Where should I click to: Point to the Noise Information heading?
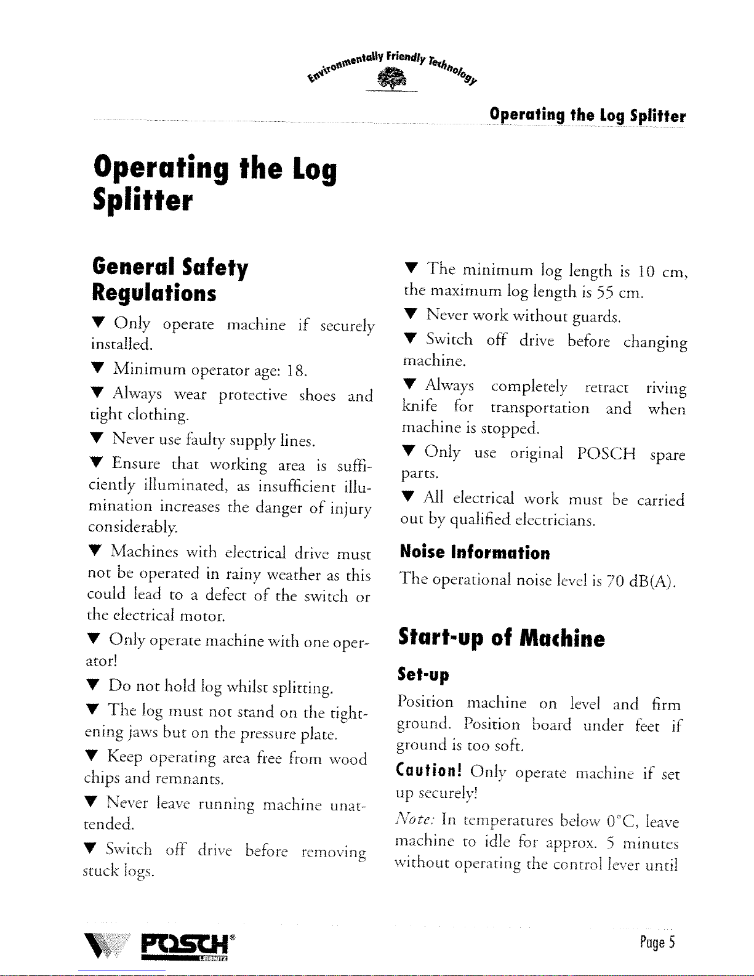475,552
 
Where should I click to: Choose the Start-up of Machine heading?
501,638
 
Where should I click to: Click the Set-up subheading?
423,675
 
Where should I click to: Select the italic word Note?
417,820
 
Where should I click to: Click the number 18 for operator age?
295,371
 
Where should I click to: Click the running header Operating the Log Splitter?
587,115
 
